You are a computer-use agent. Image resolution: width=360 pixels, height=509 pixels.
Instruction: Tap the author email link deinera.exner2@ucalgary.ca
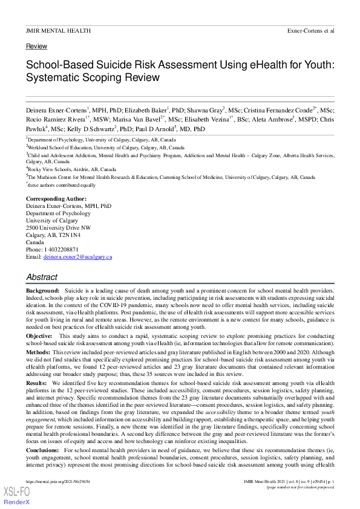pos(77,257)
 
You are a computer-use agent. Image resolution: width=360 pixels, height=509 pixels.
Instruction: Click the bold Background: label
pos(43,291)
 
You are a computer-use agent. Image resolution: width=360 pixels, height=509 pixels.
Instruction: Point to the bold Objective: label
pos(39,335)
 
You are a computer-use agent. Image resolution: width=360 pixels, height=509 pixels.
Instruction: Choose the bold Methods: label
pos(38,352)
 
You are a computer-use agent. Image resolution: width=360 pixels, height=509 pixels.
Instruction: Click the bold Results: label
pos(37,383)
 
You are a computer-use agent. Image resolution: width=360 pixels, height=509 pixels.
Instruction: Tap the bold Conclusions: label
pos(43,451)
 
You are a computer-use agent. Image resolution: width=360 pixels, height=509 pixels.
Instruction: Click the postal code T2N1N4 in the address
pos(73,235)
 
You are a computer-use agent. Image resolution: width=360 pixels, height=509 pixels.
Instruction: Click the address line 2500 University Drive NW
pos(59,228)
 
